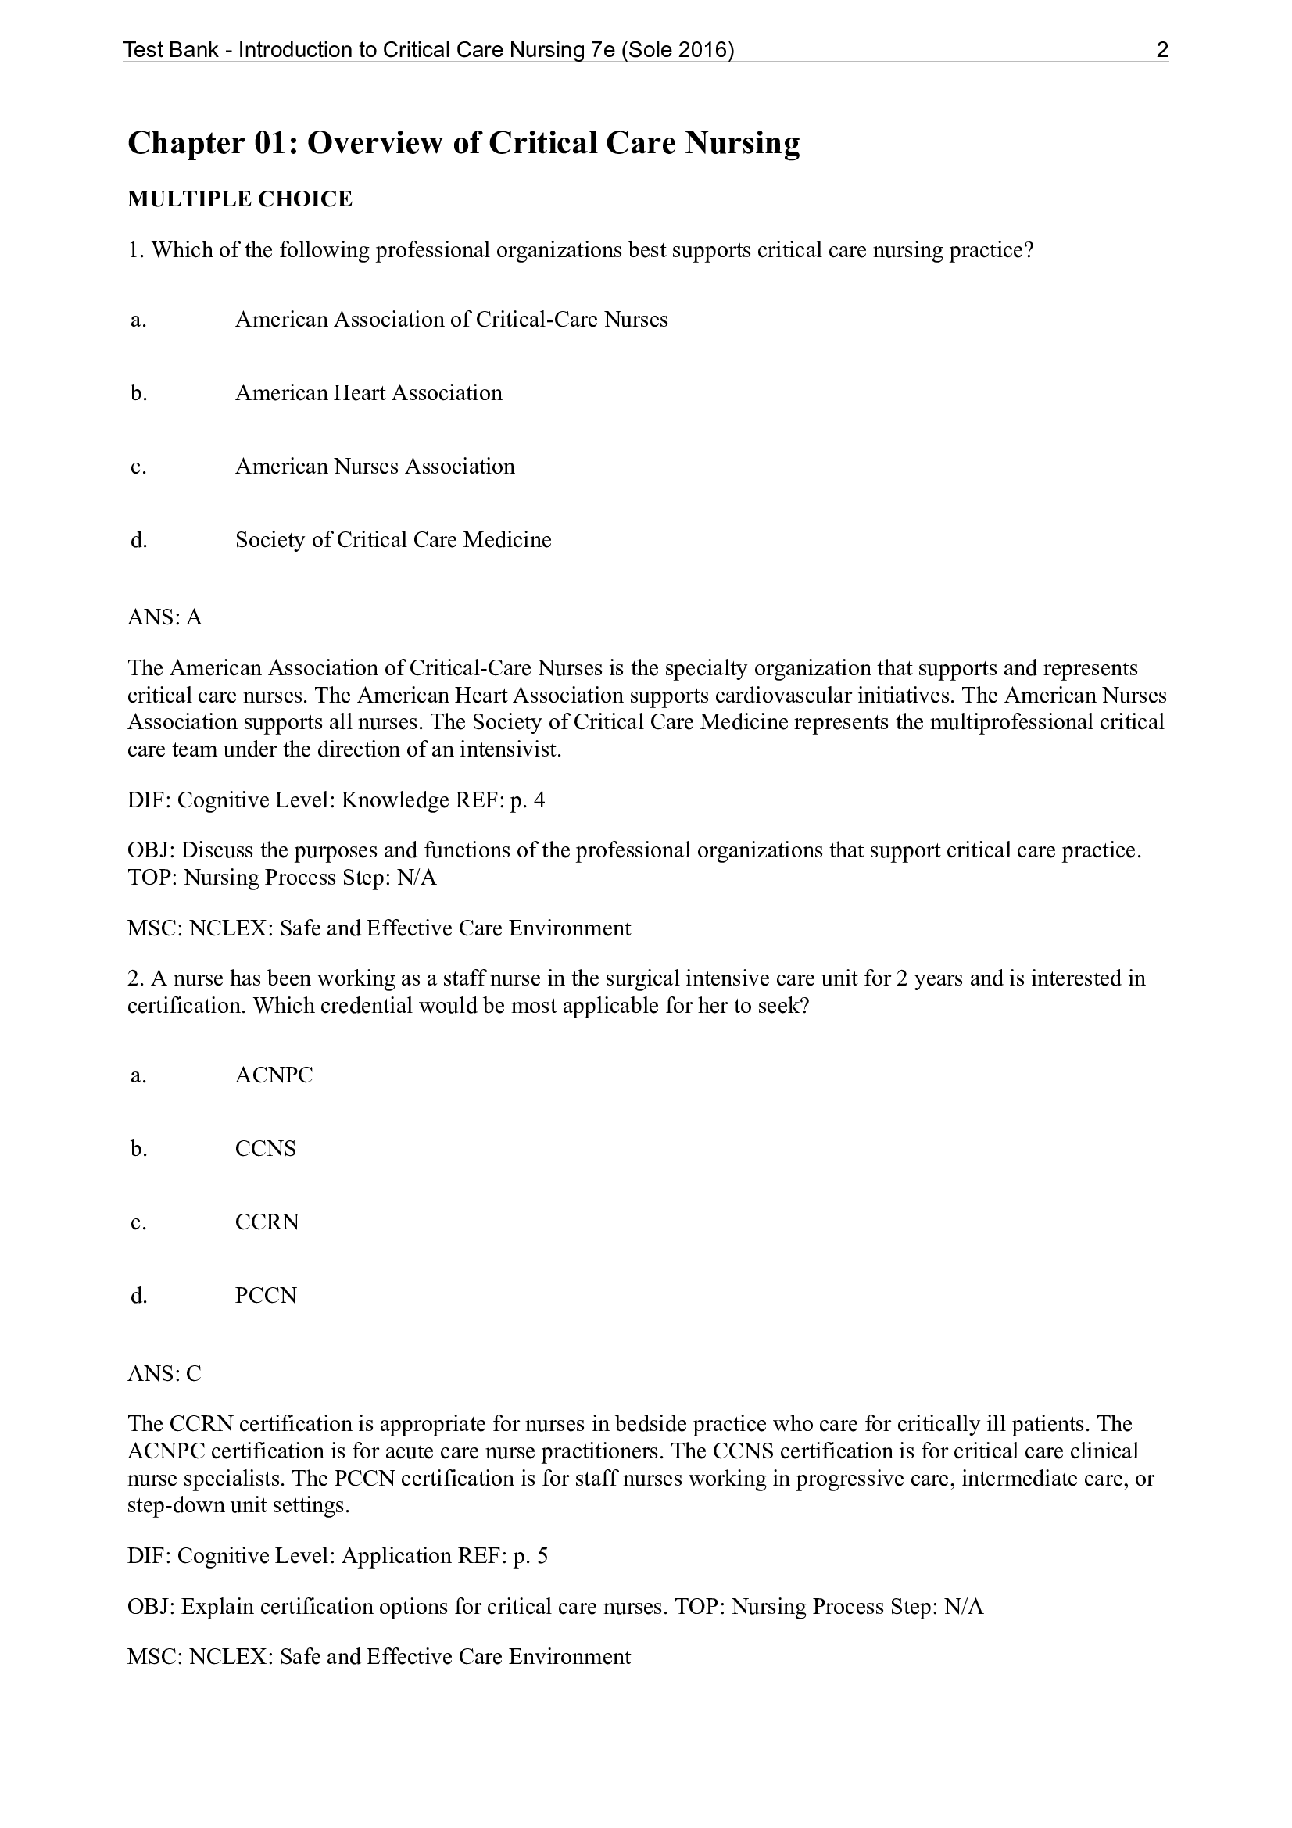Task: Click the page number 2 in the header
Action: click(x=1161, y=50)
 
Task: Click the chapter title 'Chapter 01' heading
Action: click(x=463, y=143)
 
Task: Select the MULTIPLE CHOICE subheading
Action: click(x=240, y=199)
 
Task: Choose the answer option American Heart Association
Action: click(x=369, y=393)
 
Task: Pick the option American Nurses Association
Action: click(x=375, y=467)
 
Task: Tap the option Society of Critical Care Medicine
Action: click(x=393, y=540)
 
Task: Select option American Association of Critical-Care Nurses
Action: click(x=451, y=320)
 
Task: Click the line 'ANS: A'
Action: click(x=165, y=617)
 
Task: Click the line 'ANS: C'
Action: click(x=164, y=1373)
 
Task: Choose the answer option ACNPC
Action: click(x=274, y=1075)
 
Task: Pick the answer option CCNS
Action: click(x=265, y=1149)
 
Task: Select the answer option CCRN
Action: click(x=267, y=1222)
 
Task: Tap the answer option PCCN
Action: click(x=265, y=1295)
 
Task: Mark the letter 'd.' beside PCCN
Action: click(x=138, y=1295)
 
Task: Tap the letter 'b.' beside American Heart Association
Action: click(x=138, y=393)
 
